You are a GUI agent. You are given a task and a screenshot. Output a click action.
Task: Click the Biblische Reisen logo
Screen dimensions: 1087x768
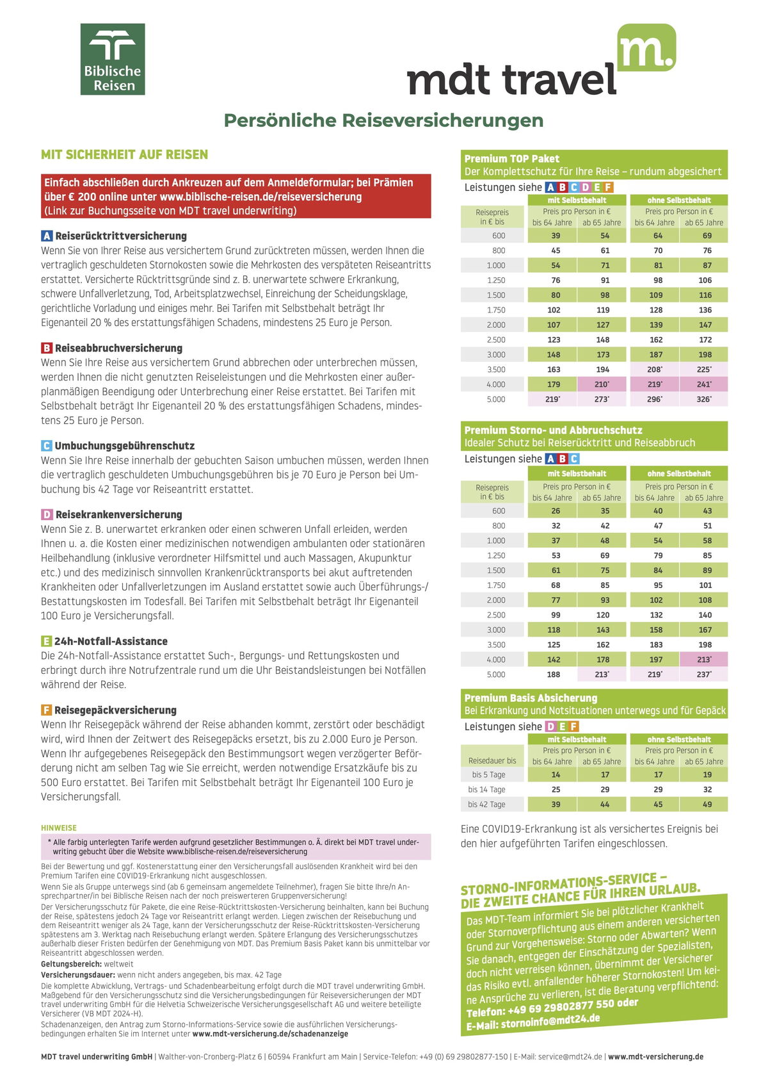pos(113,60)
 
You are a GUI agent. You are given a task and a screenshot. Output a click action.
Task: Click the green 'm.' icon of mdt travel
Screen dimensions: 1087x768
pos(646,47)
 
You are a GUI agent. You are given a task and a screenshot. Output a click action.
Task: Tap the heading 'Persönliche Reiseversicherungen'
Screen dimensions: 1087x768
pos(383,120)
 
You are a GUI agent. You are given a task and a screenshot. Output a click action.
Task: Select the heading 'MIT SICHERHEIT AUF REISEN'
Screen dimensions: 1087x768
pos(124,154)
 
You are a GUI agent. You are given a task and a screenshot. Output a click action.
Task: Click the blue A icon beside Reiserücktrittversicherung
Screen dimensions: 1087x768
pos(47,236)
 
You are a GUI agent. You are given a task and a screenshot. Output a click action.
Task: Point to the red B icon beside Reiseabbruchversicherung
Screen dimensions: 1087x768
pos(47,348)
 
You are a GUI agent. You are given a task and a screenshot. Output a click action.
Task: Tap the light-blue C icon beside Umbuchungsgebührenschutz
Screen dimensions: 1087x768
pos(47,446)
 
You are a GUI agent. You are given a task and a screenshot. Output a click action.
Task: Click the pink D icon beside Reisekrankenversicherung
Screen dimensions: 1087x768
pos(47,514)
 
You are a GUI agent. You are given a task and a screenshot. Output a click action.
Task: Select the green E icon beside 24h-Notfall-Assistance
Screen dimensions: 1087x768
pos(47,641)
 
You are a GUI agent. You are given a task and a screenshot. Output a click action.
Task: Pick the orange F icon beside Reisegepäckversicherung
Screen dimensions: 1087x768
pos(47,710)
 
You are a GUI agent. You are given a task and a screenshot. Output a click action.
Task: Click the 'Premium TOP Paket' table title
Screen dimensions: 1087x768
pos(512,159)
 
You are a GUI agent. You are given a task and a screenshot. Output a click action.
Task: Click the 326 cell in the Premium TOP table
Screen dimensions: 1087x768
pos(704,400)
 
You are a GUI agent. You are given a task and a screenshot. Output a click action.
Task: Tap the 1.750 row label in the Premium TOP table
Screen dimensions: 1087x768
pos(496,310)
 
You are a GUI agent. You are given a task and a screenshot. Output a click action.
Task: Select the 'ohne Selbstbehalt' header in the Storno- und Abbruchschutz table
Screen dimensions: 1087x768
pos(679,474)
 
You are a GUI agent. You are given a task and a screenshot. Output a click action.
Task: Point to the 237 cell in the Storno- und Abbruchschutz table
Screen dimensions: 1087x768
pos(704,674)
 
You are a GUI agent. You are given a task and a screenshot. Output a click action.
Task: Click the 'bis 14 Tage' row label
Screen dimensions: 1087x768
pos(486,790)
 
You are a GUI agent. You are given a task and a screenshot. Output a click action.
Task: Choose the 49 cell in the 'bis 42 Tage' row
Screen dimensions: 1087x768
pos(707,805)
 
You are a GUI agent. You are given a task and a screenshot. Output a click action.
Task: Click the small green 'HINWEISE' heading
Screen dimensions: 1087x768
pos(59,828)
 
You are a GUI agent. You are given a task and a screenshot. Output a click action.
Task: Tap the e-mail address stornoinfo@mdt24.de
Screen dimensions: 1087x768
pos(550,1020)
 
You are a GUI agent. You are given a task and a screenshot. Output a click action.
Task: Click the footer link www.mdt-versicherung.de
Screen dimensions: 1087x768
pos(655,1057)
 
